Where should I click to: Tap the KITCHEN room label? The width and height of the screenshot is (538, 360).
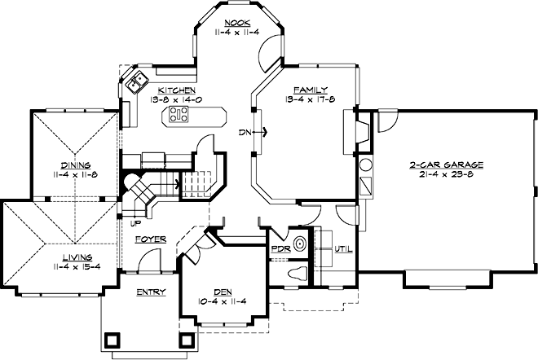pyautogui.click(x=176, y=90)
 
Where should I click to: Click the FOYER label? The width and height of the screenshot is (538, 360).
pyautogui.click(x=151, y=239)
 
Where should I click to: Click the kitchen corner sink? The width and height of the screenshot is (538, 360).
pyautogui.click(x=134, y=81)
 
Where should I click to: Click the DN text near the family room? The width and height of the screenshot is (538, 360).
pyautogui.click(x=244, y=131)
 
